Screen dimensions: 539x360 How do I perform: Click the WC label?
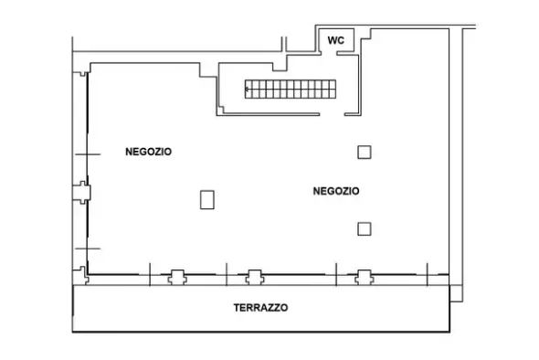click(x=335, y=40)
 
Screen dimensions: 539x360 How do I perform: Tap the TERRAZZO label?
click(x=260, y=308)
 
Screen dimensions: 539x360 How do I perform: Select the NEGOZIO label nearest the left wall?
click(x=148, y=152)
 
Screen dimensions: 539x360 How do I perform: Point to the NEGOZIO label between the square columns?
click(x=336, y=191)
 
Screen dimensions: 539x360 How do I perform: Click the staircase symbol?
click(x=291, y=89)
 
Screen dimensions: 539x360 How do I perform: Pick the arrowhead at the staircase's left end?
click(x=247, y=90)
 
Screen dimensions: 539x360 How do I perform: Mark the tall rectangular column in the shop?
click(x=207, y=200)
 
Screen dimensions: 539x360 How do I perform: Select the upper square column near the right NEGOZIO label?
click(x=365, y=153)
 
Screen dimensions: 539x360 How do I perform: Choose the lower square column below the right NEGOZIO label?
click(x=365, y=229)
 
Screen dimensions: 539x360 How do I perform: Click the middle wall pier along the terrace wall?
click(x=255, y=277)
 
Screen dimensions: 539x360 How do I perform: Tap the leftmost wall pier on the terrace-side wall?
click(x=177, y=277)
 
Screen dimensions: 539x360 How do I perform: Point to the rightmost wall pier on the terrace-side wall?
click(x=365, y=277)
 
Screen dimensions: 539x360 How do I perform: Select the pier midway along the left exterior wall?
click(x=82, y=193)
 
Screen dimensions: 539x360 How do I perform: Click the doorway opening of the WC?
click(x=329, y=53)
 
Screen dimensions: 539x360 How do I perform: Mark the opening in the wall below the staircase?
click(x=332, y=114)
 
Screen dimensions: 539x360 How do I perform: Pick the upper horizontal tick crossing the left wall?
click(x=88, y=154)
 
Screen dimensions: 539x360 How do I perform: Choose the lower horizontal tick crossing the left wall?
click(x=88, y=249)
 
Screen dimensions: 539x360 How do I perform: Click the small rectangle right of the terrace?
click(x=456, y=293)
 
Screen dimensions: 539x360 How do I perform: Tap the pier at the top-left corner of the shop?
click(x=82, y=74)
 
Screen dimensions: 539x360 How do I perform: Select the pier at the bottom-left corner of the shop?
click(x=82, y=275)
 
